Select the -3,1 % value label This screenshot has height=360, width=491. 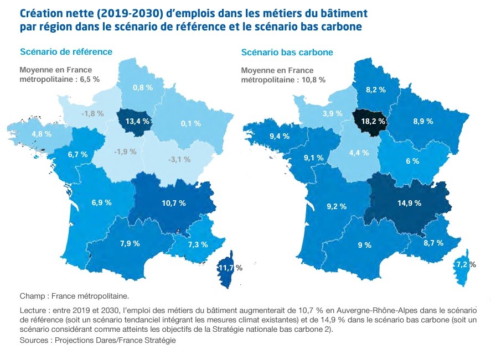pos(179,159)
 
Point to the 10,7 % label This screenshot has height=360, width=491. pos(173,203)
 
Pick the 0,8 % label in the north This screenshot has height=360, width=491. pos(143,87)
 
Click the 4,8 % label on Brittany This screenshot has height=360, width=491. pos(42,134)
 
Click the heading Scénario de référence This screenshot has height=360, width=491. pos(66,51)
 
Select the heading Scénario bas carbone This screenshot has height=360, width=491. pos(287,53)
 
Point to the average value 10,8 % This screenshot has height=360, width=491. pos(314,80)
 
